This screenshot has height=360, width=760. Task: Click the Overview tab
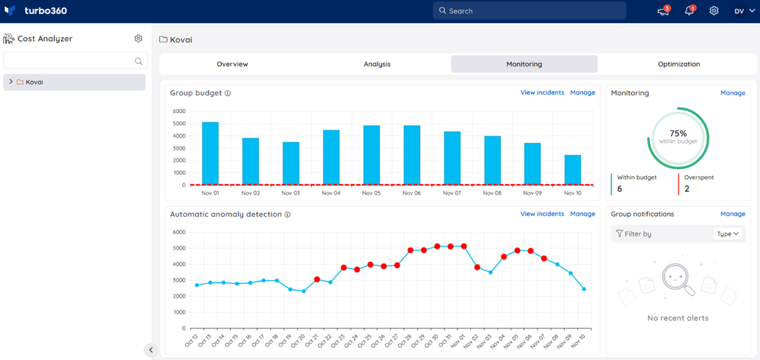(232, 64)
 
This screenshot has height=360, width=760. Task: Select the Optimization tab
(678, 64)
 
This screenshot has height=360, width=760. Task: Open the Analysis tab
(377, 64)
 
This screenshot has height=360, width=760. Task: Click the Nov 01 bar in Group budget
(210, 153)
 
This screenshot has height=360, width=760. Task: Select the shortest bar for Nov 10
(573, 170)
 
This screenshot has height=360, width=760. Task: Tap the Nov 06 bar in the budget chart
(412, 155)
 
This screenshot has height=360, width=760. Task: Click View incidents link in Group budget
(542, 93)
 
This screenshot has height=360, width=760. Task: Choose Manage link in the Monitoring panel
(732, 93)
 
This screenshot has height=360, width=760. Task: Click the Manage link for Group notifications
(732, 214)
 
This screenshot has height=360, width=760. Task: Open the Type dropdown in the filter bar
(727, 234)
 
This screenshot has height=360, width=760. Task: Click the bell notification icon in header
(689, 11)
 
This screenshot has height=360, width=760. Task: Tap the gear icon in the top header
(714, 11)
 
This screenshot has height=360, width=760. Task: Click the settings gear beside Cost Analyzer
(138, 39)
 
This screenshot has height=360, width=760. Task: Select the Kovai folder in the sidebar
(34, 82)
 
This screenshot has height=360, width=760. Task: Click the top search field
(529, 11)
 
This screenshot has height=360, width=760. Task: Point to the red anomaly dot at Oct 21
(317, 280)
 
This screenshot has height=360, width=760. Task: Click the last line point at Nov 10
(584, 289)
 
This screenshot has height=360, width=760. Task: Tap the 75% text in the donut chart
(678, 133)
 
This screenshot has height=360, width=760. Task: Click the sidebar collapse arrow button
(151, 350)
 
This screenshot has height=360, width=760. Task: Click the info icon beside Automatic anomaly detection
(287, 214)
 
